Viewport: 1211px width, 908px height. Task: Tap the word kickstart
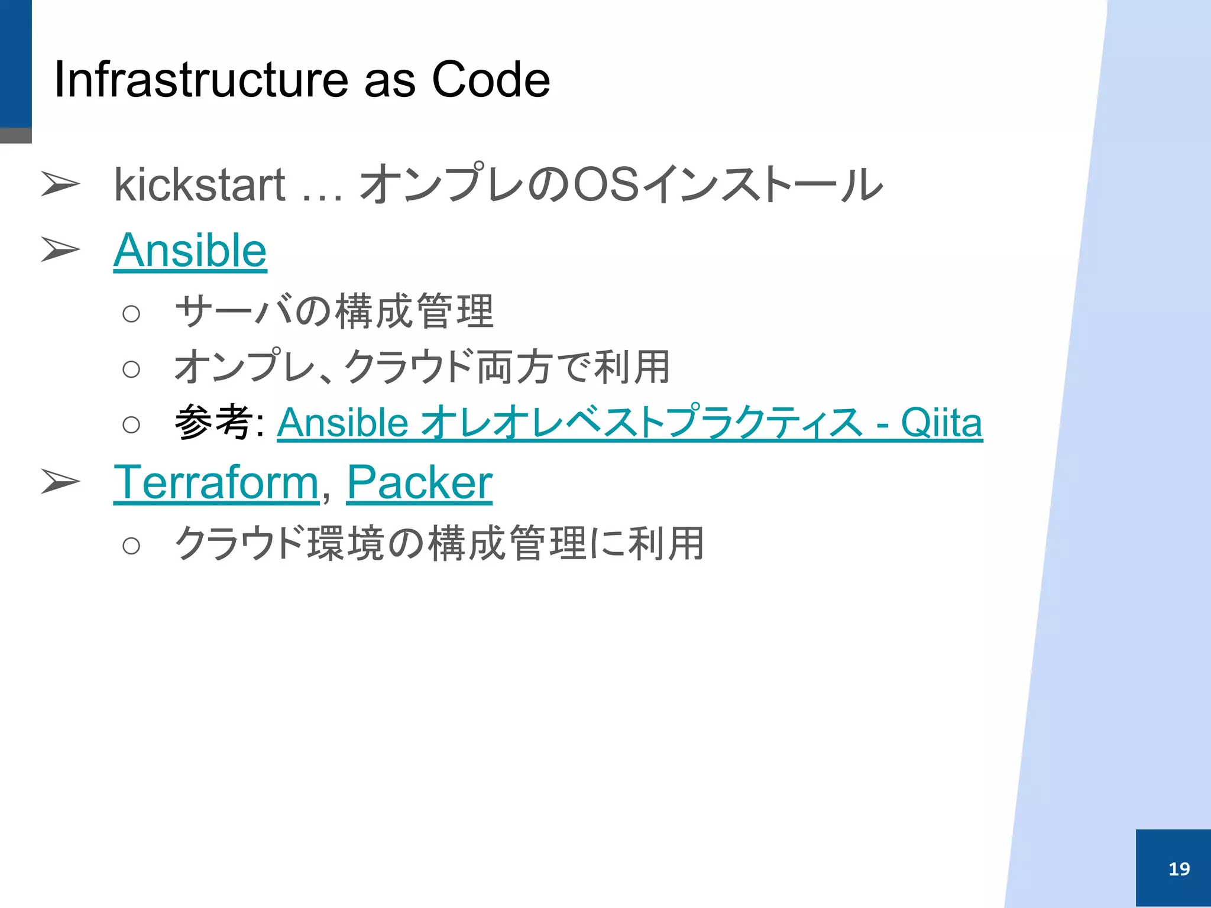click(199, 185)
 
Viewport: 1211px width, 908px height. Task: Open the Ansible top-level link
click(190, 251)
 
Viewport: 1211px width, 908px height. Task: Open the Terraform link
click(216, 483)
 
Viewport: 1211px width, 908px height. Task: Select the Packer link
click(419, 483)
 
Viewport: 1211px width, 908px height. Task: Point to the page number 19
click(1179, 868)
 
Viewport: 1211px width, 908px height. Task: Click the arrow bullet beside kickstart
click(60, 184)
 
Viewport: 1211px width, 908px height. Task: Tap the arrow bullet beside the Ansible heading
click(60, 249)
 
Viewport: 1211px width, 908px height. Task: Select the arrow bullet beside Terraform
click(60, 481)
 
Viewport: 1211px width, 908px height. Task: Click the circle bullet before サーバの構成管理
click(131, 314)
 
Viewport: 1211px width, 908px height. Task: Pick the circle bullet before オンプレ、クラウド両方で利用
click(131, 370)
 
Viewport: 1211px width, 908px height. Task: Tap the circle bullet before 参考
click(131, 424)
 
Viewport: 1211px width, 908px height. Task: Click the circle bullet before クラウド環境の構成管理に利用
click(131, 546)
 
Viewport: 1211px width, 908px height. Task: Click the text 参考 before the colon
click(213, 422)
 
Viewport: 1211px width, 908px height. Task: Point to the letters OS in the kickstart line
click(606, 185)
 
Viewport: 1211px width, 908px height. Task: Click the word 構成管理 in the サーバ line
click(414, 312)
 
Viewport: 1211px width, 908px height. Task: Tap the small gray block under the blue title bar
click(15, 135)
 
